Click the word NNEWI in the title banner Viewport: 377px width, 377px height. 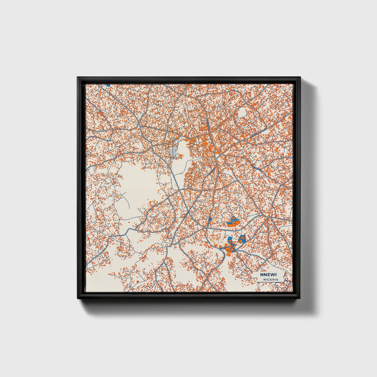266,275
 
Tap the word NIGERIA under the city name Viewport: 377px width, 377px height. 271,279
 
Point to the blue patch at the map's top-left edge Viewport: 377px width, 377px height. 108,85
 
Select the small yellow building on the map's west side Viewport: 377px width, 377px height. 119,196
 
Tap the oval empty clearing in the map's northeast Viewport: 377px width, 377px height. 242,112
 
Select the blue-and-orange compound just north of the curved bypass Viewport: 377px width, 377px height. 233,222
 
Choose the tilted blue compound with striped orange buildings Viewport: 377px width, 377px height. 242,238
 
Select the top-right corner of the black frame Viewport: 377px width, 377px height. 300,77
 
